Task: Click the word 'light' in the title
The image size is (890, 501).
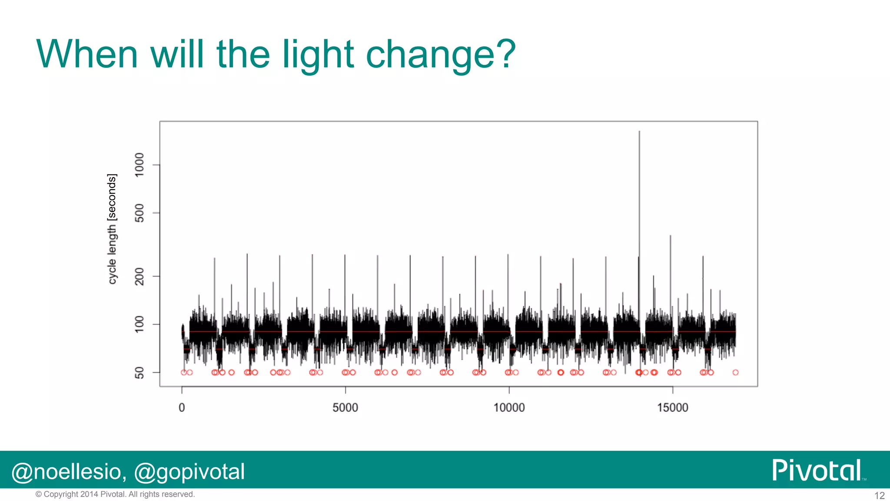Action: point(318,55)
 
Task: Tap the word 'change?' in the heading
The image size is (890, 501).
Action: point(440,55)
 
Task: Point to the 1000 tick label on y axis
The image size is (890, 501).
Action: point(139,165)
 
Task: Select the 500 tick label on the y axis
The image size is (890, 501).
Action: point(139,213)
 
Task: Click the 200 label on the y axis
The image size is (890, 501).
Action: point(139,276)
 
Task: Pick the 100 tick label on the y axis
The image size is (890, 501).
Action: point(139,324)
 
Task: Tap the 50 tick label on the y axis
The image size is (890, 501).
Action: point(139,373)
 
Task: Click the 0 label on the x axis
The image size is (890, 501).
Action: point(182,408)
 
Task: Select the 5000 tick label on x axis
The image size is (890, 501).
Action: point(345,408)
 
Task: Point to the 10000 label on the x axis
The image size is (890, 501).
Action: point(509,408)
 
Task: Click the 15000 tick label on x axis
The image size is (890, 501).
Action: point(672,408)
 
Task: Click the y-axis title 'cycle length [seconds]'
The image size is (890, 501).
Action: point(112,229)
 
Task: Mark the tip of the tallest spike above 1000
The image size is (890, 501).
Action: point(639,131)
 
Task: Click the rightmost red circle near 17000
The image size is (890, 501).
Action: point(735,372)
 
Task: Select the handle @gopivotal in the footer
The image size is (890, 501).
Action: point(189,472)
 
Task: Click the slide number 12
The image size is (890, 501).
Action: point(879,495)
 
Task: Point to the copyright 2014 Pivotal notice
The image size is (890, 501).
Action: point(115,494)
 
